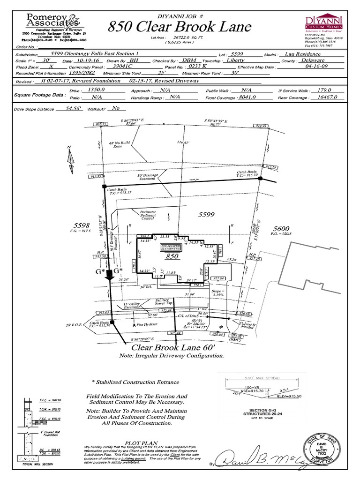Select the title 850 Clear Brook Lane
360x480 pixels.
click(180, 27)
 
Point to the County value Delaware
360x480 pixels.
click(313, 60)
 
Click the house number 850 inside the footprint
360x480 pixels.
click(173, 257)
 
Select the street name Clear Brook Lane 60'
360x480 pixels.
click(173, 347)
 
